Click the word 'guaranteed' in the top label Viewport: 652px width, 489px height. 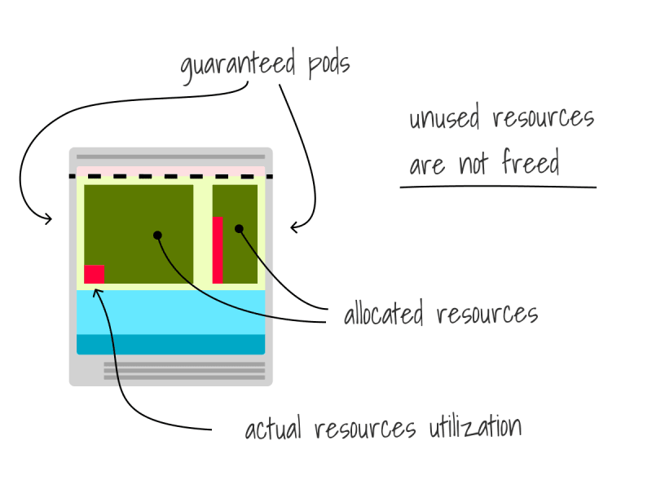point(238,65)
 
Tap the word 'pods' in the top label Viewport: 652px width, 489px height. point(329,66)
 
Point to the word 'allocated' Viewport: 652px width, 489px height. point(384,312)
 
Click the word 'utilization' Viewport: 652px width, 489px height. point(475,426)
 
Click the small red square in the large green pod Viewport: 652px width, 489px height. point(95,275)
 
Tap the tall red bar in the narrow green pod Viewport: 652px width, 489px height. point(218,250)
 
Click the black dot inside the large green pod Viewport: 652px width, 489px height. point(157,236)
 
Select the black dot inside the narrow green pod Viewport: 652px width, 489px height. point(239,229)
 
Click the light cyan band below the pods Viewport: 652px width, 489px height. point(171,312)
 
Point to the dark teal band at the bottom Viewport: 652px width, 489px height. point(171,344)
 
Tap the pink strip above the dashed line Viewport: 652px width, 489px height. point(171,170)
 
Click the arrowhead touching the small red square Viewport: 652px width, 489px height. point(97,292)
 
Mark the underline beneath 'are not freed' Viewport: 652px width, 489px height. point(498,187)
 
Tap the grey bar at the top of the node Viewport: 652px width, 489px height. point(171,156)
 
